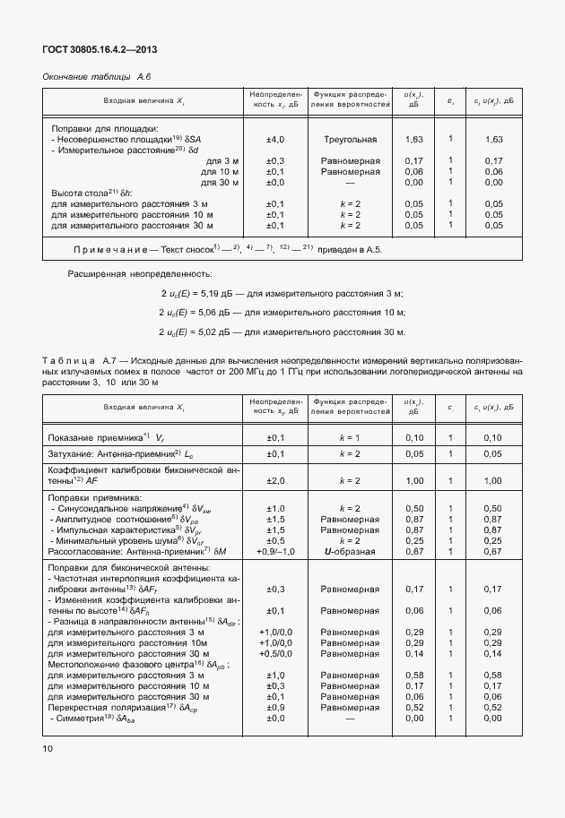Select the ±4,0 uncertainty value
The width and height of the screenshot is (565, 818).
pyautogui.click(x=275, y=140)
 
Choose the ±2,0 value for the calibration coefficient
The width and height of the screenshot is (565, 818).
pyautogui.click(x=275, y=481)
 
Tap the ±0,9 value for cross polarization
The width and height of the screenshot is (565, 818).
pyautogui.click(x=275, y=707)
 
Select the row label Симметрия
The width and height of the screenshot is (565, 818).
pyautogui.click(x=81, y=718)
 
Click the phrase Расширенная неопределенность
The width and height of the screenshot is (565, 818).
pyautogui.click(x=140, y=272)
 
